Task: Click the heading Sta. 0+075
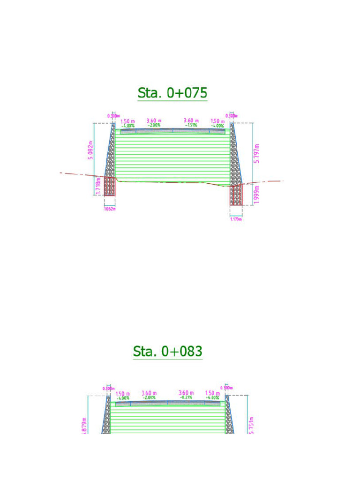172,93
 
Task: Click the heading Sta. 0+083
168,351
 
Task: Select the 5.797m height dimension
256,153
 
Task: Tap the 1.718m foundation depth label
98,186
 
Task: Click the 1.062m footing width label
109,209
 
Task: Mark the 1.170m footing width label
236,218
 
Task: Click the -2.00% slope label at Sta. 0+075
154,126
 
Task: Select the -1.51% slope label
191,126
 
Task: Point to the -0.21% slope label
186,397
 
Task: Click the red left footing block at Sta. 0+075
110,186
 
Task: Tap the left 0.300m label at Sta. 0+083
108,388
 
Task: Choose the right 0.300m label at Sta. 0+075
232,116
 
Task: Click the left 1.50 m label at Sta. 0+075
127,121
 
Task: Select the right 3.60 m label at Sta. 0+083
186,393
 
